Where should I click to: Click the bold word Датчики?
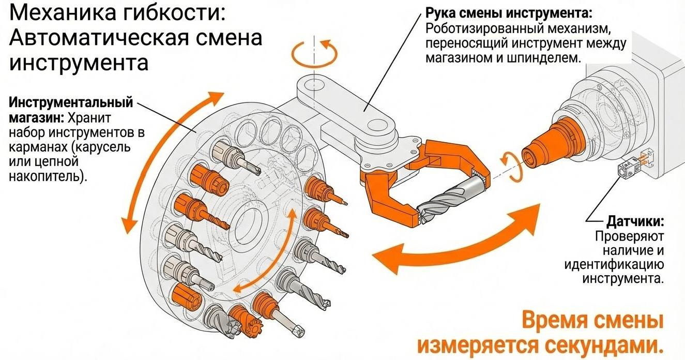(635, 222)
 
